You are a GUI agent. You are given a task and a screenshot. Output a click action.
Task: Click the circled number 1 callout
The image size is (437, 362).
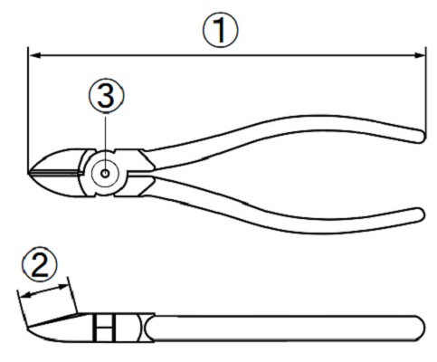[x=220, y=30]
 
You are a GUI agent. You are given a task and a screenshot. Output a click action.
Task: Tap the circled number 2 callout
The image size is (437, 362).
[x=40, y=265]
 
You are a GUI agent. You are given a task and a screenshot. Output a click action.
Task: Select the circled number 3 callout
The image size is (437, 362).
[x=106, y=95]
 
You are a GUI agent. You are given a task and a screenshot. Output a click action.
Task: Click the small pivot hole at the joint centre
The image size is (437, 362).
[x=105, y=174]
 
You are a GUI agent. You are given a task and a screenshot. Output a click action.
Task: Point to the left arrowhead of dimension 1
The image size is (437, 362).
[x=35, y=55]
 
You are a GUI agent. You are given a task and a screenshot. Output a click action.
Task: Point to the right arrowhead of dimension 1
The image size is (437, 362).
[x=419, y=55]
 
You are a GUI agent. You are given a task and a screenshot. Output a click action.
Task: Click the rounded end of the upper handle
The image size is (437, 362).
[x=422, y=136]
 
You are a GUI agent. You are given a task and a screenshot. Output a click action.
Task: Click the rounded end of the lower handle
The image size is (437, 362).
[x=421, y=214]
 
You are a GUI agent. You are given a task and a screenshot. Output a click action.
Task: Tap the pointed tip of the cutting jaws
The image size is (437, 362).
[x=29, y=173]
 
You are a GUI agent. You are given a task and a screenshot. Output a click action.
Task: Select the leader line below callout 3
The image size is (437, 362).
[x=106, y=143]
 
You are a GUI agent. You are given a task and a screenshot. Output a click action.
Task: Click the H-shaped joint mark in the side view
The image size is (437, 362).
[x=104, y=329]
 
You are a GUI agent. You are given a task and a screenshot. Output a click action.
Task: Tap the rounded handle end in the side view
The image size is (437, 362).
[x=421, y=329]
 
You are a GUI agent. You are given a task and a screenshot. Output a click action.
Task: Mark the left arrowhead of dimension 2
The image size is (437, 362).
[x=25, y=295]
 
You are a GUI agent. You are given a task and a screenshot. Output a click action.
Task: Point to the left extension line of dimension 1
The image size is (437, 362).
[x=28, y=110]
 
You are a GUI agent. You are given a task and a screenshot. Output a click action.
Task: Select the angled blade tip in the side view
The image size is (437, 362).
[x=54, y=320]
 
